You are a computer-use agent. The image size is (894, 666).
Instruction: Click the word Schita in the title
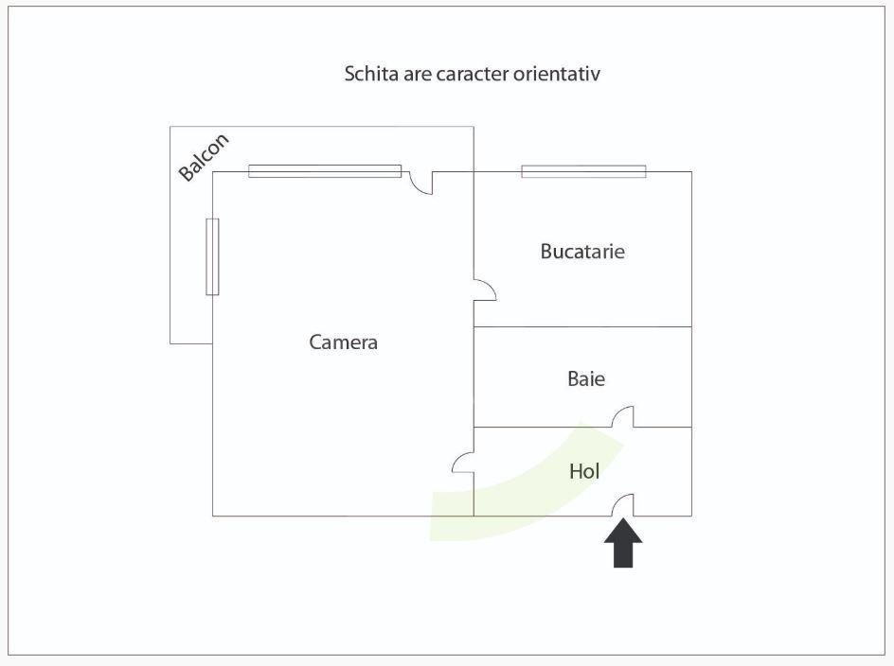point(371,74)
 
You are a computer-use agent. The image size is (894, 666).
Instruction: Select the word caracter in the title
point(472,74)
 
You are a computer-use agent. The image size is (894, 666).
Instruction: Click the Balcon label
point(204,157)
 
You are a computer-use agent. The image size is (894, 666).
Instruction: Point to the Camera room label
point(343,342)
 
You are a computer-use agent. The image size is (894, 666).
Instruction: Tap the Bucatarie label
point(582,252)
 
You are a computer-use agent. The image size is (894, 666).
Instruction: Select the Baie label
point(586,379)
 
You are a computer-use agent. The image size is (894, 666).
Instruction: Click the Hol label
point(584,471)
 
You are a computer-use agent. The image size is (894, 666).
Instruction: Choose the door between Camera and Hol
point(464,462)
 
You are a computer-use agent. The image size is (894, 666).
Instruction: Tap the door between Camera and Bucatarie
point(484,290)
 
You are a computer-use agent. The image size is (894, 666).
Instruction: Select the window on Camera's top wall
point(325,171)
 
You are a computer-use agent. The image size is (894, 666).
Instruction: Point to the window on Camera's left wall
point(212,256)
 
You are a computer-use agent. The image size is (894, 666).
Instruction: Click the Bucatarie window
point(583,171)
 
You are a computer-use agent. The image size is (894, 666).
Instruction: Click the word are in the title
point(418,74)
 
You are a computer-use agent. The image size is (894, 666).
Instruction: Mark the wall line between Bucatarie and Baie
point(582,327)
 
